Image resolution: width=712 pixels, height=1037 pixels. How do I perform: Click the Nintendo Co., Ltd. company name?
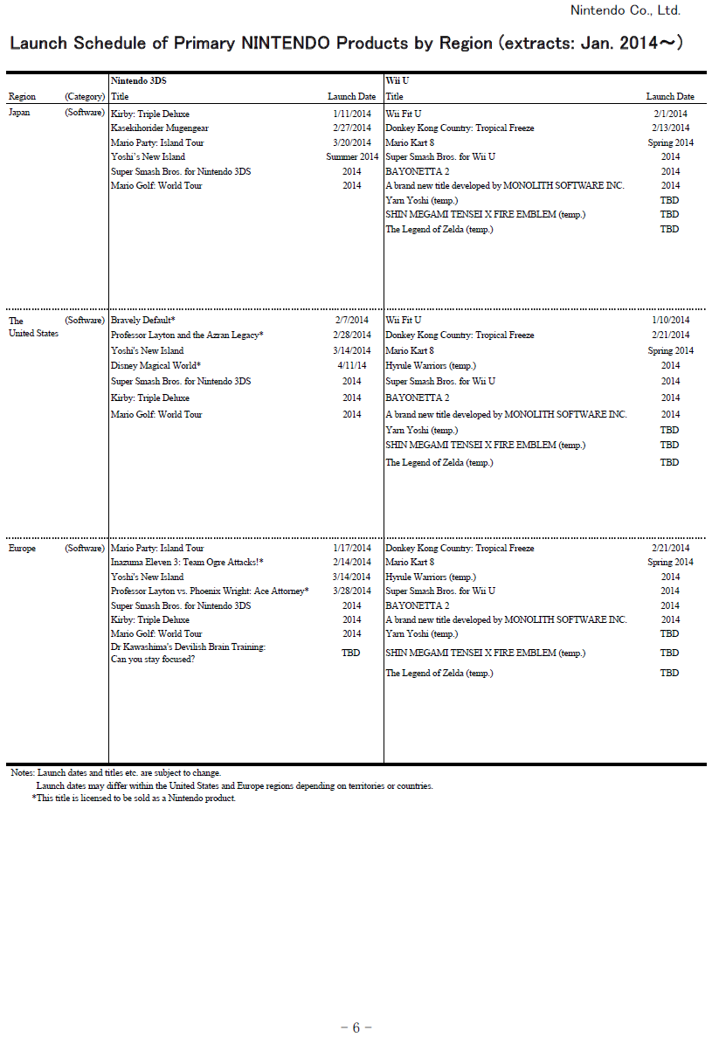pyautogui.click(x=625, y=10)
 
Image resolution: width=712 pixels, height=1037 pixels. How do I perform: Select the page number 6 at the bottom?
pyautogui.click(x=356, y=1027)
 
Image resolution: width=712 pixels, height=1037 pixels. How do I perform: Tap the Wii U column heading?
pyautogui.click(x=397, y=80)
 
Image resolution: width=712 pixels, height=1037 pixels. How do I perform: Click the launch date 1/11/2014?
pyautogui.click(x=352, y=114)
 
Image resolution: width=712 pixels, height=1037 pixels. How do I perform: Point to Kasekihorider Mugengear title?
pyautogui.click(x=160, y=128)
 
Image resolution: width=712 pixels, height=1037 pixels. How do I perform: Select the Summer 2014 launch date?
pyautogui.click(x=352, y=157)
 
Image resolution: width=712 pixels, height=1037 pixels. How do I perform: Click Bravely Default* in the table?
pyautogui.click(x=143, y=321)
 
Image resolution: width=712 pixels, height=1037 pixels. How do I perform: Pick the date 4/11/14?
pyautogui.click(x=352, y=365)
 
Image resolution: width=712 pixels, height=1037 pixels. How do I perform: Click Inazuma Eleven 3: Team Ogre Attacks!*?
pyautogui.click(x=187, y=563)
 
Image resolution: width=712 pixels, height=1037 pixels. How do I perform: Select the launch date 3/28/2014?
pyautogui.click(x=352, y=591)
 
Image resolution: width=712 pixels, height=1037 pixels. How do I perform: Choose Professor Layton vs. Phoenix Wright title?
pyautogui.click(x=210, y=591)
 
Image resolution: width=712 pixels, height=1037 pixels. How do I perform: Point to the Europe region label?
pyautogui.click(x=22, y=549)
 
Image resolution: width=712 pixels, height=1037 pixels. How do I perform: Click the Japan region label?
pyautogui.click(x=19, y=114)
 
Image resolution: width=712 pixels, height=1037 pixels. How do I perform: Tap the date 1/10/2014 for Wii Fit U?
pyautogui.click(x=670, y=321)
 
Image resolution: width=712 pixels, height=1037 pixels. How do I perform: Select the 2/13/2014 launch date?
pyautogui.click(x=670, y=128)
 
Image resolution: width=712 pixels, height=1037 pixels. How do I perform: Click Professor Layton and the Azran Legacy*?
pyautogui.click(x=187, y=335)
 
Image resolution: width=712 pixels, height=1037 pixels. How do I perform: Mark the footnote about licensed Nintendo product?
pyautogui.click(x=134, y=798)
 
